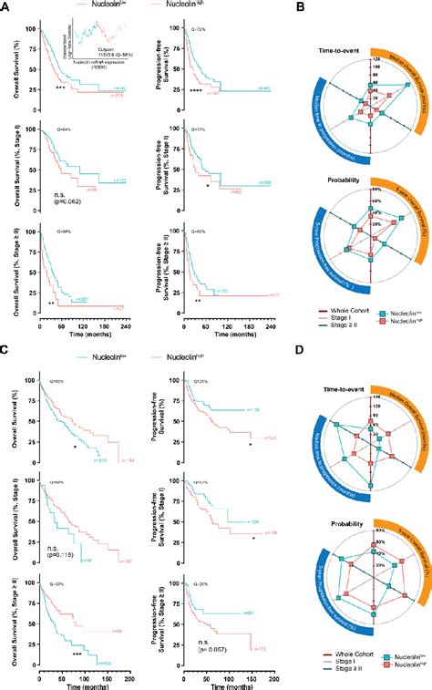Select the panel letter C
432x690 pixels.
point(5,350)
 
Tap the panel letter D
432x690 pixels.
point(303,350)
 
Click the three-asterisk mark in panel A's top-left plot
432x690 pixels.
point(60,88)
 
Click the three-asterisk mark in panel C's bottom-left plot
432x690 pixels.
point(77,654)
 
